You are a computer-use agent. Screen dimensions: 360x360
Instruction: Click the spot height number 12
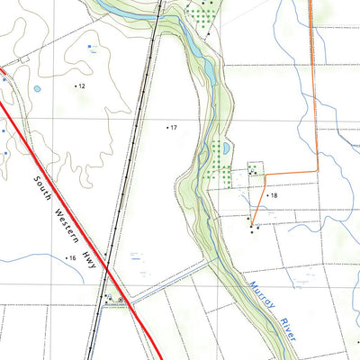[x=81, y=85]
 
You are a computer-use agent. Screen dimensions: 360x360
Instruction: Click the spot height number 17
[x=174, y=128]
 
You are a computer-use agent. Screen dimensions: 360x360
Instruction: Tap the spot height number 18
[x=273, y=195]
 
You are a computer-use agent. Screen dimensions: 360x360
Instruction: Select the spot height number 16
[x=72, y=258]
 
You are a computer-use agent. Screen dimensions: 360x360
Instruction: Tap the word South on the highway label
[x=42, y=192]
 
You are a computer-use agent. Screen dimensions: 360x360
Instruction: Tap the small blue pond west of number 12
[x=37, y=89]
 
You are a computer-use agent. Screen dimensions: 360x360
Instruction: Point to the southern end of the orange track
[x=253, y=225]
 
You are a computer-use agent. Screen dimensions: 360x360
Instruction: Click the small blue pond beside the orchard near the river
[x=227, y=147]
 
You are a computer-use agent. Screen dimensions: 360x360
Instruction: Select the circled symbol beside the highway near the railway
[x=121, y=302]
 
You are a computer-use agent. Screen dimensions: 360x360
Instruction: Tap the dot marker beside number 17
[x=167, y=128]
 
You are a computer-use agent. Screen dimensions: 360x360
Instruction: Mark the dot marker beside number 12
[x=75, y=85]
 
